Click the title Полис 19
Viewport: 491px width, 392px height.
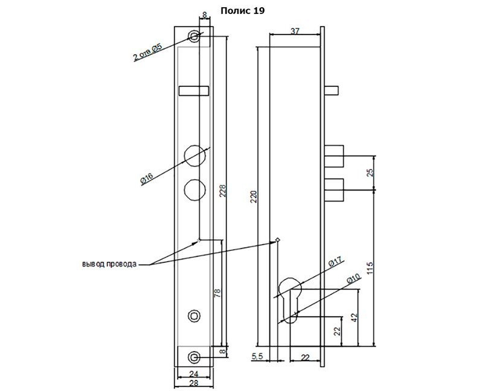point(243,11)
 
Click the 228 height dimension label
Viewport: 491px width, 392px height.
point(222,191)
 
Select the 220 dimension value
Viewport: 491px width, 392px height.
point(254,197)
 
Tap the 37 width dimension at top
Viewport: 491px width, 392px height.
point(295,31)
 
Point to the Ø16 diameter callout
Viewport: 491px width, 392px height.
point(147,179)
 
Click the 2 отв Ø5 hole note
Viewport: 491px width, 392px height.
point(147,52)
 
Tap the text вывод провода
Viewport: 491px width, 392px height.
point(109,264)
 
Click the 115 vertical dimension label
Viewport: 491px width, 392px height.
point(370,269)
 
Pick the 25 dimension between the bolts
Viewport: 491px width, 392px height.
point(370,172)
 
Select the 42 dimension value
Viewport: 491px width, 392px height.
point(354,318)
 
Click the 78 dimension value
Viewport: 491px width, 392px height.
point(217,293)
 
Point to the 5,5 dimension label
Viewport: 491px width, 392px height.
point(257,356)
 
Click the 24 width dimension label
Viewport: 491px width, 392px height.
point(194,373)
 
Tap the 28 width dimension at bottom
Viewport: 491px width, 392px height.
point(194,383)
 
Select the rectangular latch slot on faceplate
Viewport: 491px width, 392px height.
point(194,90)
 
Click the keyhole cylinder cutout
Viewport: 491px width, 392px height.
point(290,300)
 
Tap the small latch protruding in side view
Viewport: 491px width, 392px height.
point(332,90)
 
